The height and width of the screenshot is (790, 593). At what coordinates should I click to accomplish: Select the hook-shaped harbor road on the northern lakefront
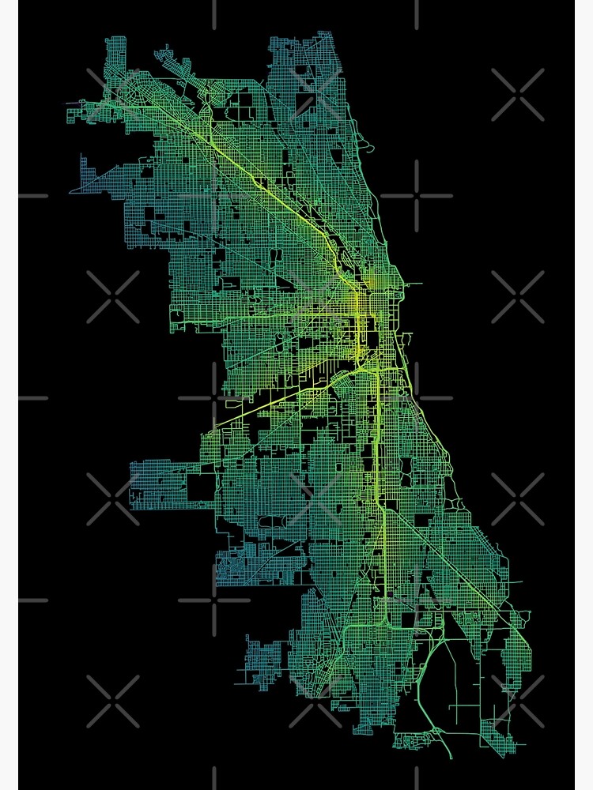(x=368, y=145)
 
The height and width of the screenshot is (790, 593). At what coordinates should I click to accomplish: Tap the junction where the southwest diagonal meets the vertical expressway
(x=364, y=367)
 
